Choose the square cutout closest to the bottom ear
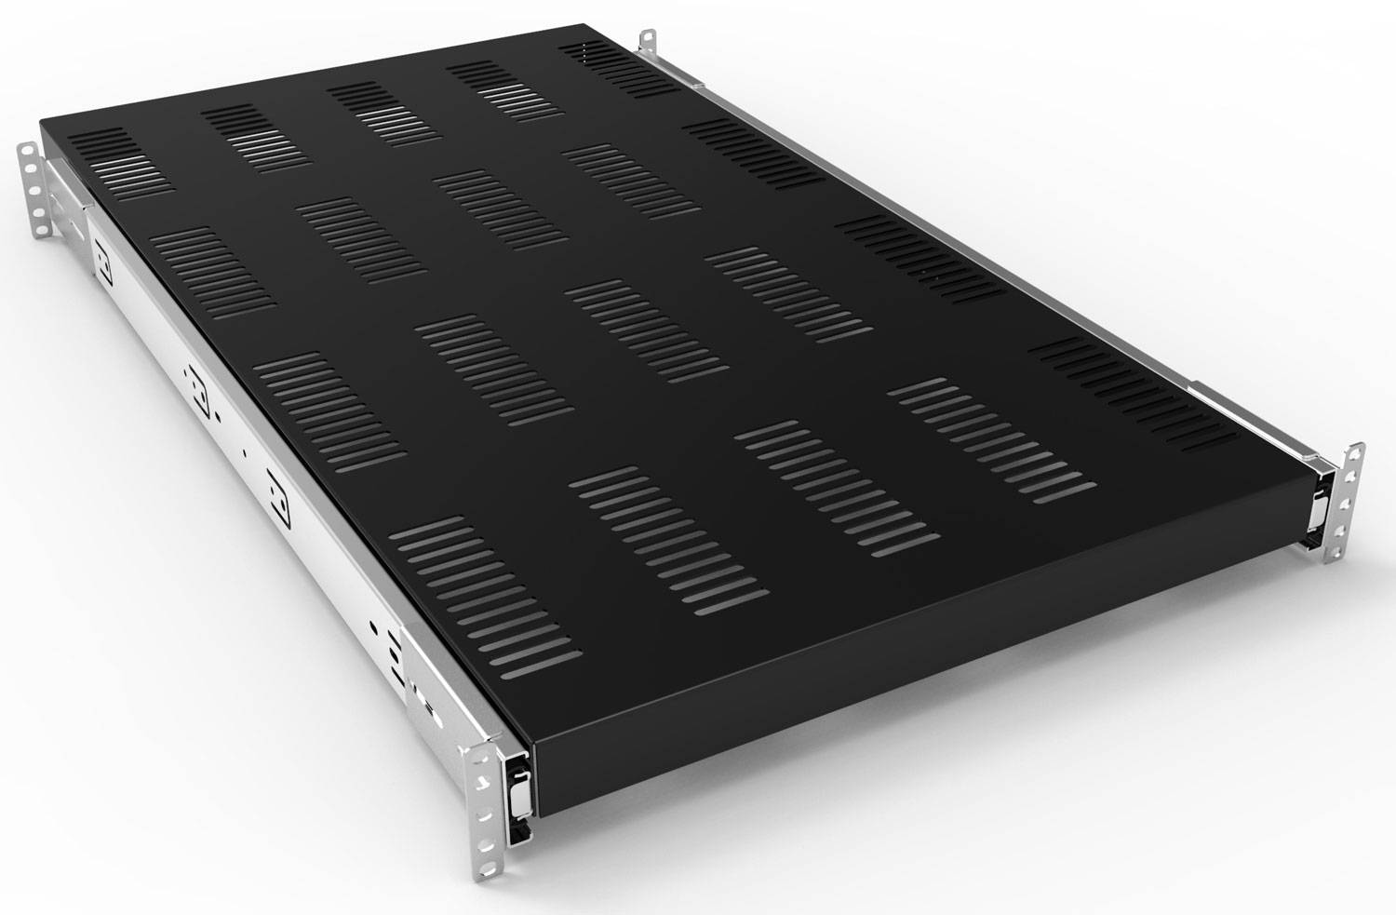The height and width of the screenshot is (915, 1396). pos(275,485)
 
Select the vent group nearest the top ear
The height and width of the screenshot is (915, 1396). pos(620,69)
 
